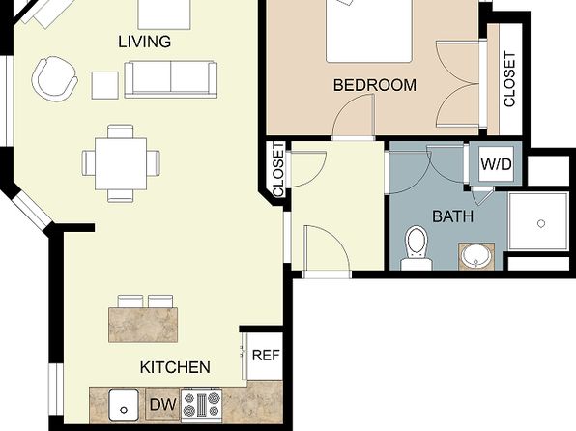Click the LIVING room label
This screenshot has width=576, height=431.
coord(144,42)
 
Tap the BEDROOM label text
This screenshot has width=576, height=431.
coord(375,85)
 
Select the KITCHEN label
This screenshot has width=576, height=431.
coord(175,367)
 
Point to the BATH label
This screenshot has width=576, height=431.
coord(453,216)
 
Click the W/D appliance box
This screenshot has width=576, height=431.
coord(496,164)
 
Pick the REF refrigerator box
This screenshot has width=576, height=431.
coord(266,356)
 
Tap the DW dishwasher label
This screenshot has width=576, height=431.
coord(163,405)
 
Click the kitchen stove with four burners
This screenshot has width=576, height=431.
coord(202,404)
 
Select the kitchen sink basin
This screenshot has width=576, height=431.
coord(124,405)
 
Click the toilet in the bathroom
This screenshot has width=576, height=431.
coord(417,247)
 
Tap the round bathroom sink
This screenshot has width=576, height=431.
coord(475,256)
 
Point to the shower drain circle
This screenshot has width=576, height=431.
coord(541,223)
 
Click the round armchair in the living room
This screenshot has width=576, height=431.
coord(55,78)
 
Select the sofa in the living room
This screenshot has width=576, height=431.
coord(171,79)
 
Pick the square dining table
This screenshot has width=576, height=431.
coord(121,164)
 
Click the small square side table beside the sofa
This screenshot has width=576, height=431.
coord(105,85)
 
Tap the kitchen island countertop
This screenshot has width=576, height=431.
coord(143,325)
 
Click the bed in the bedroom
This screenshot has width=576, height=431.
coord(368,31)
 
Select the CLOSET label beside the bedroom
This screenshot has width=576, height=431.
coord(509,79)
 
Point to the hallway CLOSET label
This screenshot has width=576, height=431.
coord(278,170)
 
